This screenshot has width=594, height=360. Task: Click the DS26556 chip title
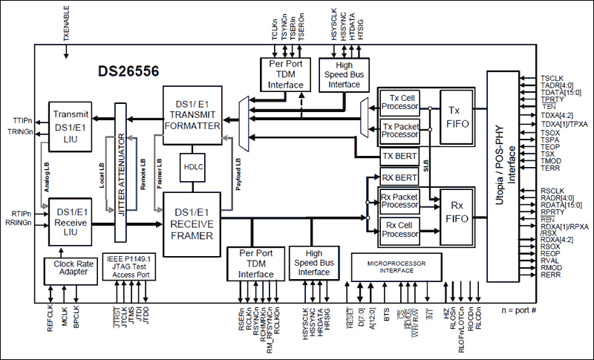pos(128,73)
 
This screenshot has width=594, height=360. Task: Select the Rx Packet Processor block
pos(399,201)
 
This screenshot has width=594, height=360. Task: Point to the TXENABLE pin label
pos(66,24)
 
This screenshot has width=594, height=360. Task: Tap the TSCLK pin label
pos(554,78)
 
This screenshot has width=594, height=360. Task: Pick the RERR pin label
pos(552,275)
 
